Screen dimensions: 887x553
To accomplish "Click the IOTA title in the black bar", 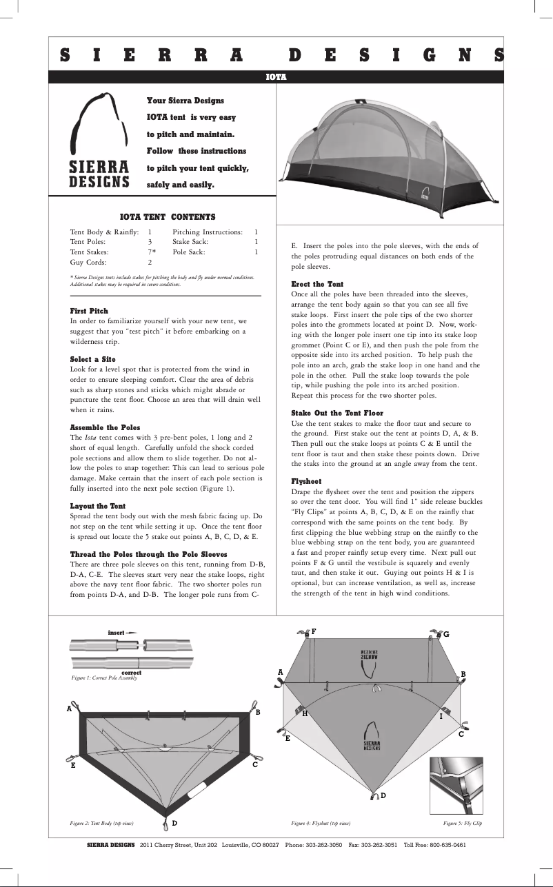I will (x=276, y=77).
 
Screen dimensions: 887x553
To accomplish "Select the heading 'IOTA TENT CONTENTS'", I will (x=167, y=216).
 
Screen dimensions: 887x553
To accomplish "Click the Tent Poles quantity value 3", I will (x=150, y=243).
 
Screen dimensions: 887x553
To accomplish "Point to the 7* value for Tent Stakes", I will (x=152, y=252).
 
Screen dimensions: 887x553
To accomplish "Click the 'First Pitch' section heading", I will (x=89, y=311).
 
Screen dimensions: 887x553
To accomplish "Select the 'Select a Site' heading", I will (x=92, y=359).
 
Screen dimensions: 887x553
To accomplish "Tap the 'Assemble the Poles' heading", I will (x=105, y=427).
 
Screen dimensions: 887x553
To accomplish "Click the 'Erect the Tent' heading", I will (x=317, y=284).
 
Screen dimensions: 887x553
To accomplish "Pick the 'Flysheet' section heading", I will (x=306, y=480).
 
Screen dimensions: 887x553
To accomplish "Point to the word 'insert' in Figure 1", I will (x=117, y=632).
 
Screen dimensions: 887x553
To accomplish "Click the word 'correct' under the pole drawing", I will (x=131, y=672).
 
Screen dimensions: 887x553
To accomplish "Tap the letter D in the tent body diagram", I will (x=174, y=823).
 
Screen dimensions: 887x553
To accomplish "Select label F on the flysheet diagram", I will (x=314, y=631).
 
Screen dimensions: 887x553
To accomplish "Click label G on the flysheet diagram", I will (x=445, y=633).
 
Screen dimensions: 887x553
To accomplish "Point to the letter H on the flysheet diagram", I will (x=304, y=714).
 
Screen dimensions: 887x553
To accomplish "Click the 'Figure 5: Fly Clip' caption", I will (x=462, y=823).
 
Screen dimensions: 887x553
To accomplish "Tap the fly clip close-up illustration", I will (x=456, y=785).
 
